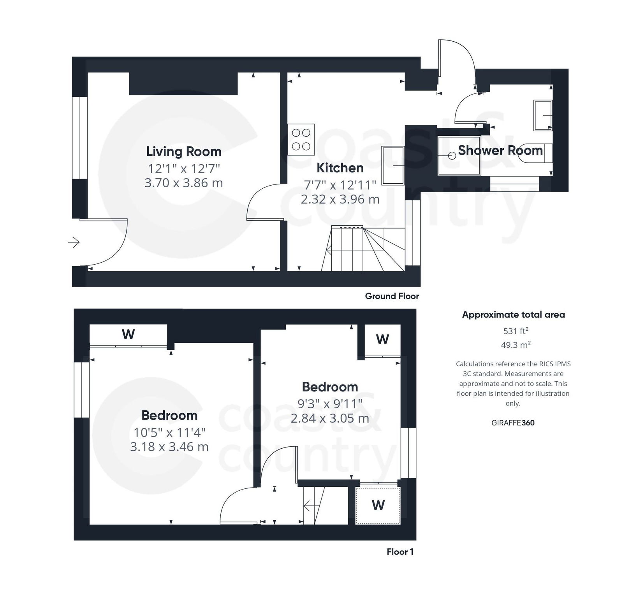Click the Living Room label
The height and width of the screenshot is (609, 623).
pos(183,151)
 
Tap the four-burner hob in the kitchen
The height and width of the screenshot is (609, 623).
pos(301,139)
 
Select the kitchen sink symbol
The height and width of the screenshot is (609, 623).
pos(393,165)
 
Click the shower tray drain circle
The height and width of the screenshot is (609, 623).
pos(452,156)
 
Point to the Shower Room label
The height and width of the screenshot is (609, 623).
pos(500,150)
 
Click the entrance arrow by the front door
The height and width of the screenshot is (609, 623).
pos(74,242)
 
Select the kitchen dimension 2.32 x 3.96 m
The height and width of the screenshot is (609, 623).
pos(340,199)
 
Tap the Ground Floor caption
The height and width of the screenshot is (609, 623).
pos(391,296)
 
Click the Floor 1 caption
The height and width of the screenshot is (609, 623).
pos(399,552)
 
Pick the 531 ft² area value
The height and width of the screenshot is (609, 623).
pos(515,331)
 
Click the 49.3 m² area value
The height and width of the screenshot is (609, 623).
pos(515,345)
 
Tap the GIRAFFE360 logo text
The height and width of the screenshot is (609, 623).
pos(512,423)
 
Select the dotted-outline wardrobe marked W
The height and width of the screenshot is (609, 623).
pos(378,505)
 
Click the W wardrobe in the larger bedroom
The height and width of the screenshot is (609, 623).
pos(128,334)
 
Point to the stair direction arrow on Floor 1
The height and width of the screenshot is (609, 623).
pos(310,506)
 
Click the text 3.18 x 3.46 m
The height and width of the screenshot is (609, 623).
pos(169,447)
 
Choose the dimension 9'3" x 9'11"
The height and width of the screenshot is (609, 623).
pos(329,404)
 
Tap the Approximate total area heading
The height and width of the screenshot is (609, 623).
pos(513,315)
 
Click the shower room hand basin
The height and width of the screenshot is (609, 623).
pos(543,115)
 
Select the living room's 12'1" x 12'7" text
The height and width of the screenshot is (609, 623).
pos(183,168)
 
